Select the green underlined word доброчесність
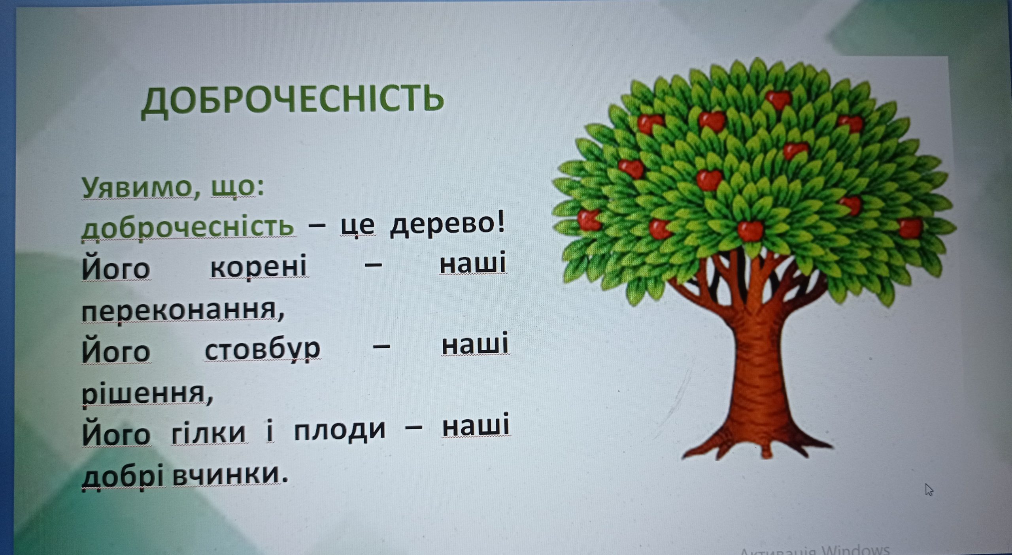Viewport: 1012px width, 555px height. pos(188,227)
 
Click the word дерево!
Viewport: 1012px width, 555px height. pos(447,225)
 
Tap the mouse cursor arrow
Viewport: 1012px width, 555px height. pos(929,489)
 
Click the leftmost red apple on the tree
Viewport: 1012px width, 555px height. pos(589,220)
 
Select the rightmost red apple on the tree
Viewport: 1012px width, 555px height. pos(910,228)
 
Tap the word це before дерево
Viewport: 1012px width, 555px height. pos(358,226)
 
